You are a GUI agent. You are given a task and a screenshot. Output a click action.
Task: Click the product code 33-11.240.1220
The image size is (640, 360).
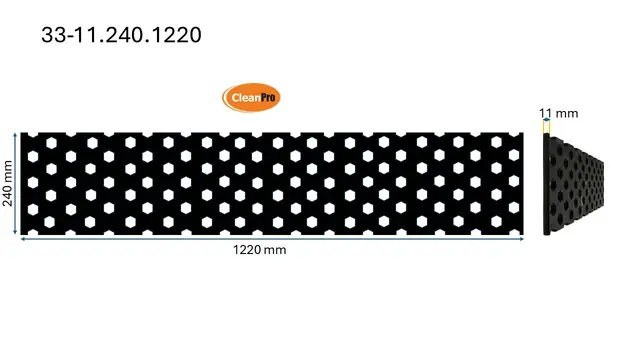pos(121,35)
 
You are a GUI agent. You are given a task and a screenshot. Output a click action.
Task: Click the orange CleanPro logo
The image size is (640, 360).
pos(250,98)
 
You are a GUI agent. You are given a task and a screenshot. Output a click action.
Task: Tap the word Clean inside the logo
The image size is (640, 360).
pos(242,98)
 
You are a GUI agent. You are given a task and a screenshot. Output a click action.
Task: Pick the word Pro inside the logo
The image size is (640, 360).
pos(266,98)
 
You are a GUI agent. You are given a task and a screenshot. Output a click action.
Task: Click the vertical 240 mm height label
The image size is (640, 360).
pos(8,183)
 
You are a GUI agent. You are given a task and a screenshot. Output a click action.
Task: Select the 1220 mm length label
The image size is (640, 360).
pos(259,250)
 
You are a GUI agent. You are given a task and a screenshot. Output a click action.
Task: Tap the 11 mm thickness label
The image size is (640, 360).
pos(558,114)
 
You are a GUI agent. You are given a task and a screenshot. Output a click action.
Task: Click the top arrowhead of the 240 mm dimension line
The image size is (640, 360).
pos(16,134)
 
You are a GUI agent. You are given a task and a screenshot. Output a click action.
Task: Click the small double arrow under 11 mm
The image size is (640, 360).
pos(546,125)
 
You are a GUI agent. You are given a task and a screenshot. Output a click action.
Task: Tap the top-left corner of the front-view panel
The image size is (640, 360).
pos(22,132)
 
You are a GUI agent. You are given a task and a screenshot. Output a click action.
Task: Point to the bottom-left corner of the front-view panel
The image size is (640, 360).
pos(22,235)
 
